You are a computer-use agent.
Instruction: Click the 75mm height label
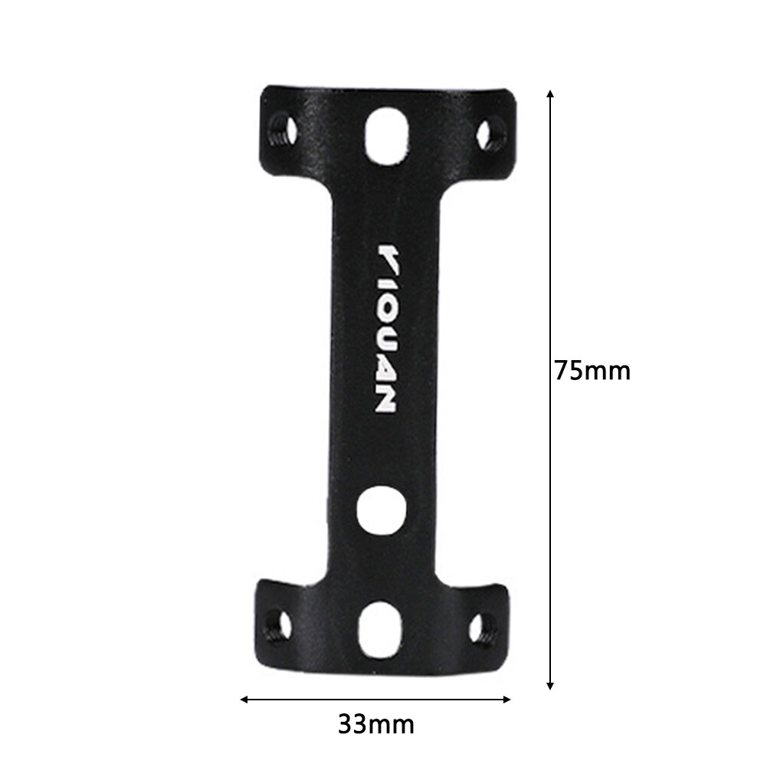(593, 371)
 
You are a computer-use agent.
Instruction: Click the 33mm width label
(375, 723)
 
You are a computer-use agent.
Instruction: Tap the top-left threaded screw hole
(282, 129)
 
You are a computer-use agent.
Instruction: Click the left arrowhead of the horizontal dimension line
(244, 699)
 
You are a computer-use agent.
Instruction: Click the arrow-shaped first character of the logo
(388, 257)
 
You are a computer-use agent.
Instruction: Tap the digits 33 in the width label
(352, 723)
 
